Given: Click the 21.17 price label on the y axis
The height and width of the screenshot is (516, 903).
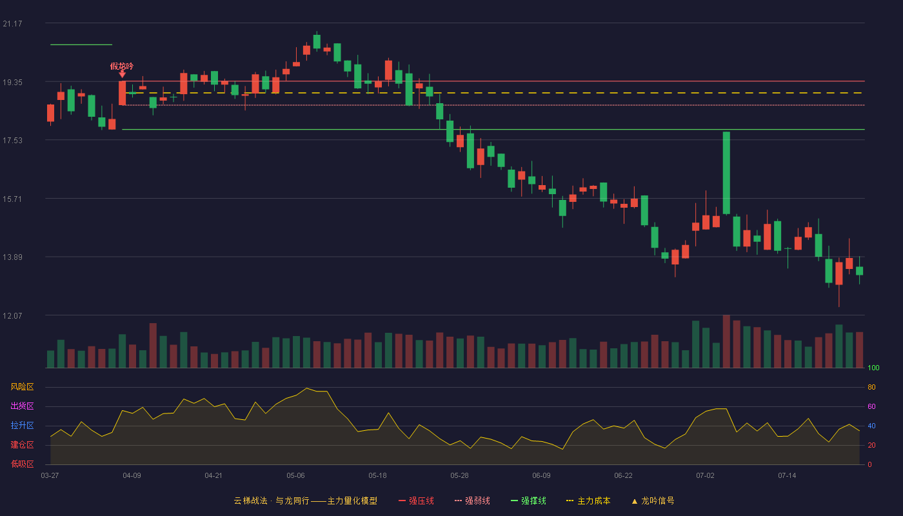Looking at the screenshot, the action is click(12, 23).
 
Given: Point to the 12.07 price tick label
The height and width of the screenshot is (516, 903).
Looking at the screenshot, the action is click(12, 315).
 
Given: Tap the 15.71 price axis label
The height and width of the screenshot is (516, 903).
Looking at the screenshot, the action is click(12, 199).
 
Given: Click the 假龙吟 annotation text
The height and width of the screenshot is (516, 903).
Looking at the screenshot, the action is click(122, 66).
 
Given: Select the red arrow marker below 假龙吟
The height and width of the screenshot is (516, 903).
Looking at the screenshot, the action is click(122, 74).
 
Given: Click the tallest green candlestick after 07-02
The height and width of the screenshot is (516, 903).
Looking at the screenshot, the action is click(726, 173).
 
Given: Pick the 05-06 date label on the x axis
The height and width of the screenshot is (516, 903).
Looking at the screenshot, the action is click(295, 476).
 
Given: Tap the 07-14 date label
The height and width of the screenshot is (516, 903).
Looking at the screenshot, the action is click(787, 476).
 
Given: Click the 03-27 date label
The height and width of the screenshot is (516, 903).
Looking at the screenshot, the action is click(50, 476).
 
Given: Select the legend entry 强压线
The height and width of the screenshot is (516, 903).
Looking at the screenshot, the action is click(417, 501).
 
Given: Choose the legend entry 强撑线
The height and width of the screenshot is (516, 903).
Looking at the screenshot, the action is click(528, 501).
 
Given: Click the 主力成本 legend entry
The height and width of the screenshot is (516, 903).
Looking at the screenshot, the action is click(588, 501).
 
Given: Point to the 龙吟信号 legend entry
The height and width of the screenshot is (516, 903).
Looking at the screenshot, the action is click(653, 501).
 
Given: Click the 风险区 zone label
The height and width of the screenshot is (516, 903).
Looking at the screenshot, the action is click(22, 387).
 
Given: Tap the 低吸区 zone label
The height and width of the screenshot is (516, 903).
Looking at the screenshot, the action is click(22, 464).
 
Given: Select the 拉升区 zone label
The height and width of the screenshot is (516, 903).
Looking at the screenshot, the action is click(22, 425).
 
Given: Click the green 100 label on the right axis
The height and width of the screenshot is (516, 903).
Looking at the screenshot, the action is click(873, 368).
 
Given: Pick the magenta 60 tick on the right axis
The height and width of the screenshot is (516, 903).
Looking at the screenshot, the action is click(871, 406).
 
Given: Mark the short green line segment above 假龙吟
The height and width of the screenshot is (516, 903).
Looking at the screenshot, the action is click(81, 45).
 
